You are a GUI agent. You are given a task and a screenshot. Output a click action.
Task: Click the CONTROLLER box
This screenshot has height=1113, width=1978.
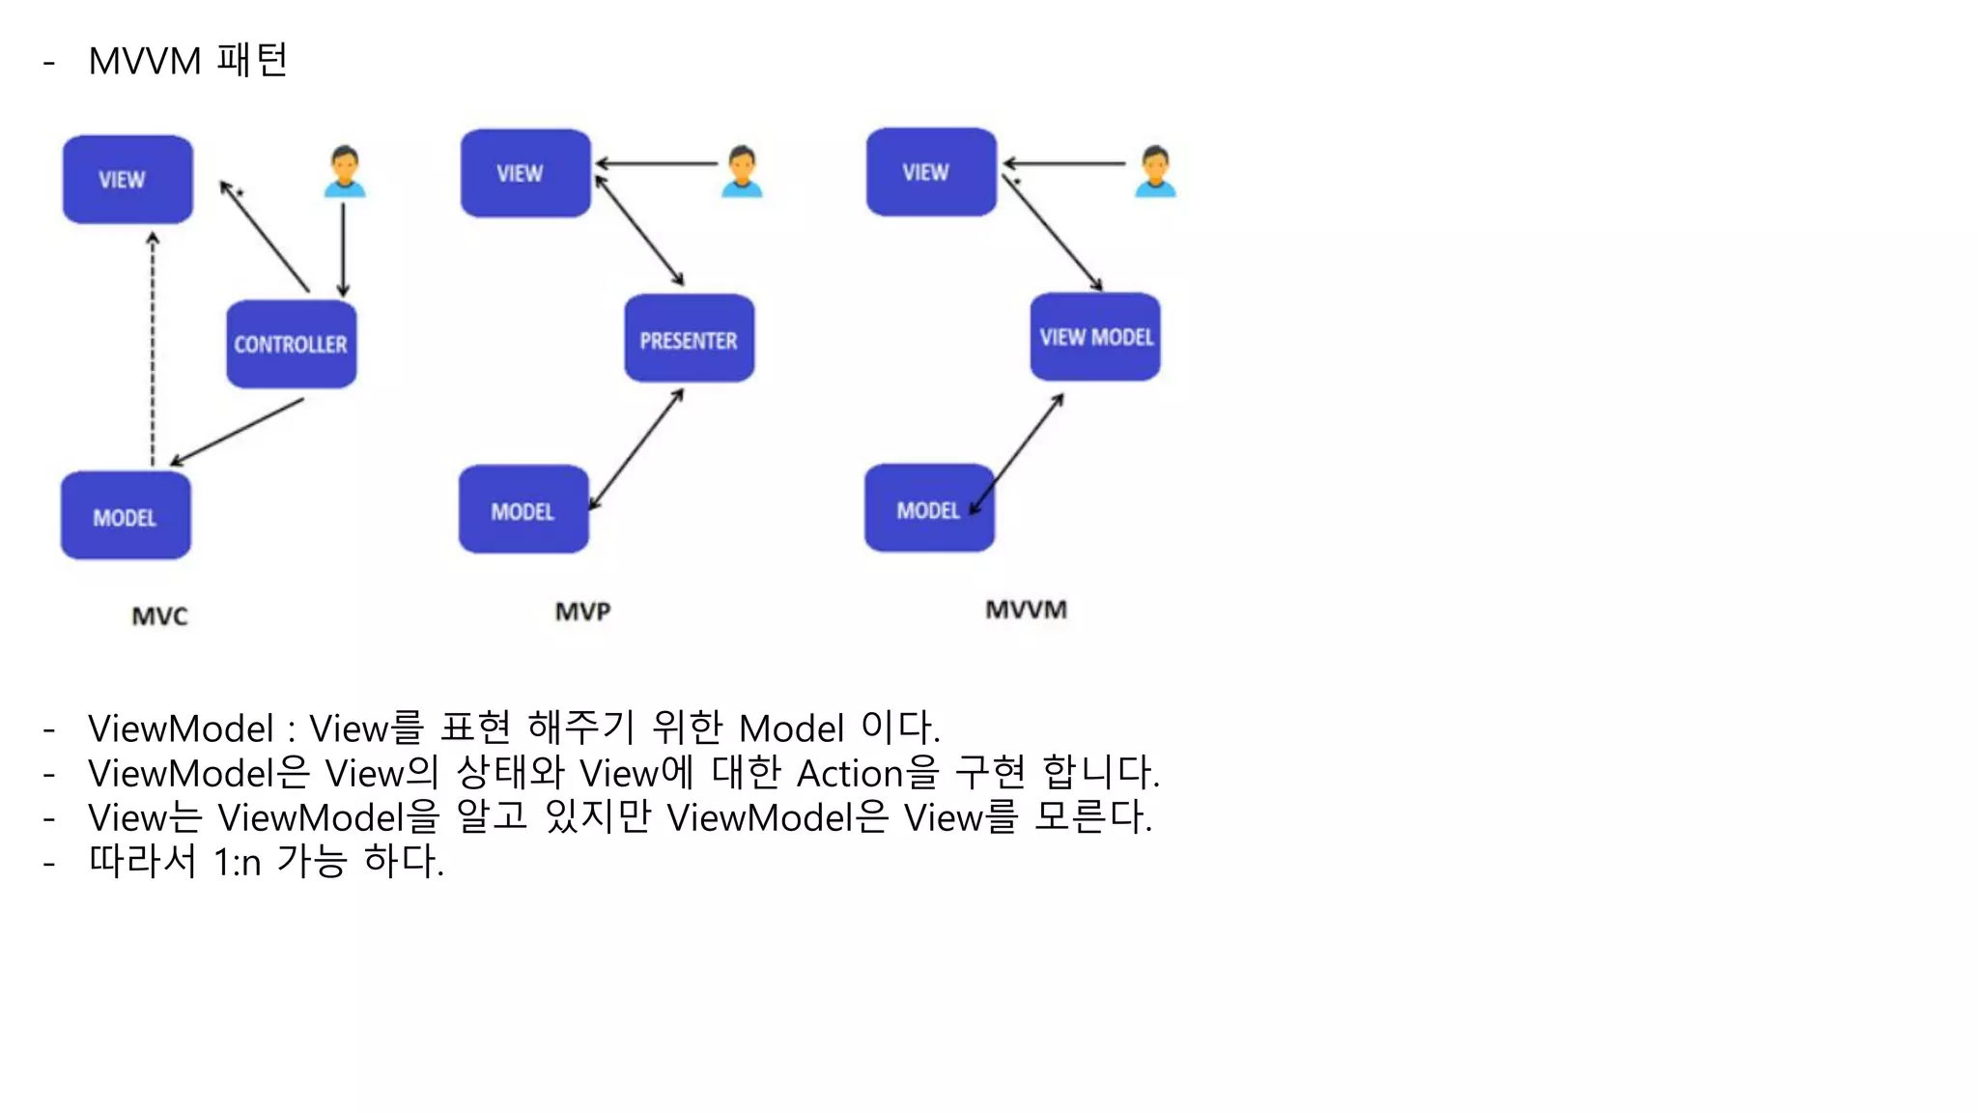291,344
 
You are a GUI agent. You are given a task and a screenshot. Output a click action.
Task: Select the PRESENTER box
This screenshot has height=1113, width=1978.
689,339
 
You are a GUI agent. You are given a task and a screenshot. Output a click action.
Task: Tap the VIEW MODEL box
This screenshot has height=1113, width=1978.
1095,337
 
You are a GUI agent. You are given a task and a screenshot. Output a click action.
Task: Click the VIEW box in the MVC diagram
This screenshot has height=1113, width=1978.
127,180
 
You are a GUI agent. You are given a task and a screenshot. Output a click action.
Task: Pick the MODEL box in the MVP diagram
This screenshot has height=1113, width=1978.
523,510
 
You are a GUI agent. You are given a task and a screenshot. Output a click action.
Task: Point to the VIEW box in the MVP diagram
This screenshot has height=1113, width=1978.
525,173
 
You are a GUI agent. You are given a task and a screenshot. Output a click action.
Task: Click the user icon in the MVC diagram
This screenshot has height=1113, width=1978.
344,172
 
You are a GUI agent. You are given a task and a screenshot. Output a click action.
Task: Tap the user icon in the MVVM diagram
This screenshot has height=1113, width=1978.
1155,171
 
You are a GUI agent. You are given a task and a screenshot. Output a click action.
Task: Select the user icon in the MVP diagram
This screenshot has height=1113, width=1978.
742,171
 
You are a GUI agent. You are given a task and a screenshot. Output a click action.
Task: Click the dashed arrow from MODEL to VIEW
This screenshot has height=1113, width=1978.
153,348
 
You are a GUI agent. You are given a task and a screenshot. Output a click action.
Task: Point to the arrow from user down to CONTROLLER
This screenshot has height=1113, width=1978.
343,249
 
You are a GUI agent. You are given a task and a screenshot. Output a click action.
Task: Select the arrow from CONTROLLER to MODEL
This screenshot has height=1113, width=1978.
238,431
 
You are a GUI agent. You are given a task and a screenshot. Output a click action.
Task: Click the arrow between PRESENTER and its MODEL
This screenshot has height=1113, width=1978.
636,449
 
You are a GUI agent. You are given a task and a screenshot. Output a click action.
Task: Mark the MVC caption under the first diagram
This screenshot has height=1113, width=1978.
159,616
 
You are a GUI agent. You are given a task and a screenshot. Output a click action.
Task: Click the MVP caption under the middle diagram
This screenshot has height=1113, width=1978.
582,612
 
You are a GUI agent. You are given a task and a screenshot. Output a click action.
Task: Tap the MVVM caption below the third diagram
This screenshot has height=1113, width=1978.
1026,610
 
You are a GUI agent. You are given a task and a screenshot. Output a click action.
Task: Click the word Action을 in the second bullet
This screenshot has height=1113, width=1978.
866,773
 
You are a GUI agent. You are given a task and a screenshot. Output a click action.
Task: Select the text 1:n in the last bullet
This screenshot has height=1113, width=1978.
237,862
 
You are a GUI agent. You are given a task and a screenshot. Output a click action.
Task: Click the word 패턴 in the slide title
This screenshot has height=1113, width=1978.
252,60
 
